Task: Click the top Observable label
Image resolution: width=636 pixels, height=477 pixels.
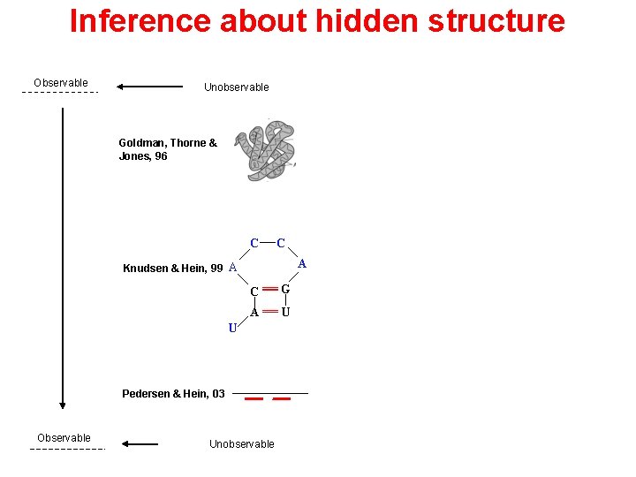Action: (61, 83)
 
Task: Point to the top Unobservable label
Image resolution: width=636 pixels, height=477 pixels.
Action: (237, 87)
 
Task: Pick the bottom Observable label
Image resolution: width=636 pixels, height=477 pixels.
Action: (64, 438)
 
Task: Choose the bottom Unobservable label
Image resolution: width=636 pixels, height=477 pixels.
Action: (241, 444)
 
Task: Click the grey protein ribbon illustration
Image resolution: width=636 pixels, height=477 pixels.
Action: (270, 151)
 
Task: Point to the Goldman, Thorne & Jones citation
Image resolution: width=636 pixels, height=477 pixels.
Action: (168, 149)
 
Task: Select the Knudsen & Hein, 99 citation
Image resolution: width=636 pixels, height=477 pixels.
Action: (173, 269)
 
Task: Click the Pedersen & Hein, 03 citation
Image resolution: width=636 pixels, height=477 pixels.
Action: (173, 393)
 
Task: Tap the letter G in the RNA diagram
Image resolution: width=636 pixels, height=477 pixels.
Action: (285, 289)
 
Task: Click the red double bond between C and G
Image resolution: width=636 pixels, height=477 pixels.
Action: (270, 289)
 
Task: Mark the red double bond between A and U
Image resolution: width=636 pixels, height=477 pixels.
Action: (270, 312)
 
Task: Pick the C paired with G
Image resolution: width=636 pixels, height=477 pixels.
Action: (254, 291)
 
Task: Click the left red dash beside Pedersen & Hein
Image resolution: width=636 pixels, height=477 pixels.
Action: (254, 399)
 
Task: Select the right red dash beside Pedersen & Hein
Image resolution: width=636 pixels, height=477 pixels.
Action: (282, 399)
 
